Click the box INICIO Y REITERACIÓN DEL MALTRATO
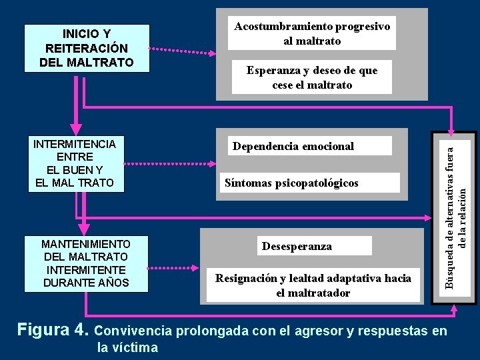click(86, 48)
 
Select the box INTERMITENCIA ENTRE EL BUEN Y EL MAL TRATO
click(75, 164)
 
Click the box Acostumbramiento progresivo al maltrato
click(311, 33)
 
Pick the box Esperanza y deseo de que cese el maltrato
click(311, 78)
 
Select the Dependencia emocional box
click(293, 146)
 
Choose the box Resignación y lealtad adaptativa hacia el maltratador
click(313, 285)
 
